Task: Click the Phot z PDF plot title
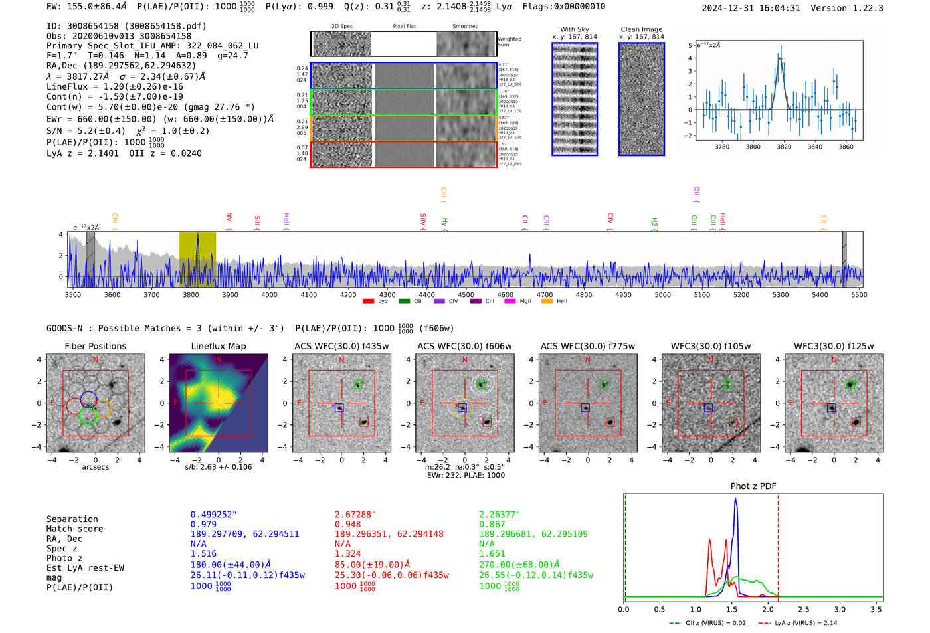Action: [753, 486]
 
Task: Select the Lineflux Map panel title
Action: [218, 346]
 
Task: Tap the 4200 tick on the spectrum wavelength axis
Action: [348, 295]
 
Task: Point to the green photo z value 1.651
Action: [492, 553]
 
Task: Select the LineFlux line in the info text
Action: [115, 86]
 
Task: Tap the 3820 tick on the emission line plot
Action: [784, 147]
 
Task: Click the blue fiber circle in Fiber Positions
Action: [89, 399]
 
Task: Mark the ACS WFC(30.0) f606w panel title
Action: [464, 346]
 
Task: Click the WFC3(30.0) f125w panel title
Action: [834, 346]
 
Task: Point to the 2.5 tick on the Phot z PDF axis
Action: [804, 609]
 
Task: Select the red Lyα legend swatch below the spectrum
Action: [368, 302]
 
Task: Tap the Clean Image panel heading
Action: [641, 29]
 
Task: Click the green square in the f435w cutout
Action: [358, 385]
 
